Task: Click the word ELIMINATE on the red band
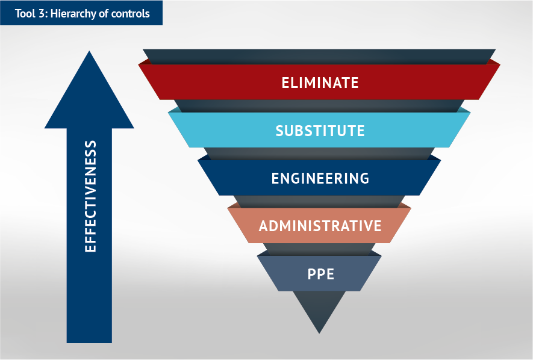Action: (x=320, y=82)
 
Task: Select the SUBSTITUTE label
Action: (x=320, y=131)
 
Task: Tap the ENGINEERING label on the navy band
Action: (x=320, y=178)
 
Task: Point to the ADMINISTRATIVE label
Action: (x=320, y=226)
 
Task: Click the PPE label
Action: (x=320, y=274)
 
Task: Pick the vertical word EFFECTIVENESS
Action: (x=90, y=196)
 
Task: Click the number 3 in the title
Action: (x=43, y=14)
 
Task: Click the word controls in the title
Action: (x=130, y=14)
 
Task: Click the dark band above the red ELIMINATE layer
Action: (x=319, y=57)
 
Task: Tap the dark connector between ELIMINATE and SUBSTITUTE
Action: (x=319, y=106)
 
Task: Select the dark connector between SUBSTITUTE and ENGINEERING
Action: (x=319, y=154)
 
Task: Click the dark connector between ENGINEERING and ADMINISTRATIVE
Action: (x=319, y=202)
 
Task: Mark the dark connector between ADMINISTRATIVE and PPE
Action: (x=319, y=249)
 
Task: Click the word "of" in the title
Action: (x=104, y=14)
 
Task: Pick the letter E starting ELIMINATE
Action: (x=285, y=82)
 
